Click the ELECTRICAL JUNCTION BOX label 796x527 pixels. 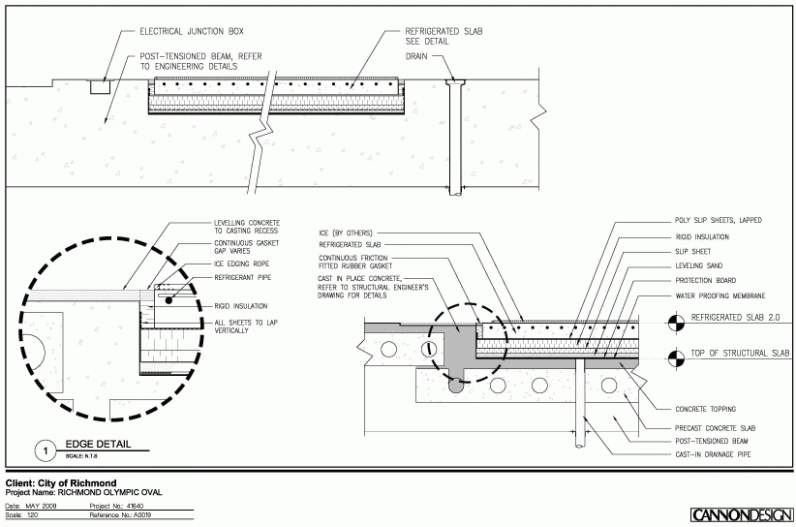(x=181, y=31)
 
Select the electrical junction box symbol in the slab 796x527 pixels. (x=99, y=86)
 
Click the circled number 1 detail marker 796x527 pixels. (x=43, y=449)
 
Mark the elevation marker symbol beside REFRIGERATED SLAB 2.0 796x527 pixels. (x=672, y=318)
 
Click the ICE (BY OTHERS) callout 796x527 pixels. (x=346, y=233)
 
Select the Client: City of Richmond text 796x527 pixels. (x=61, y=482)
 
